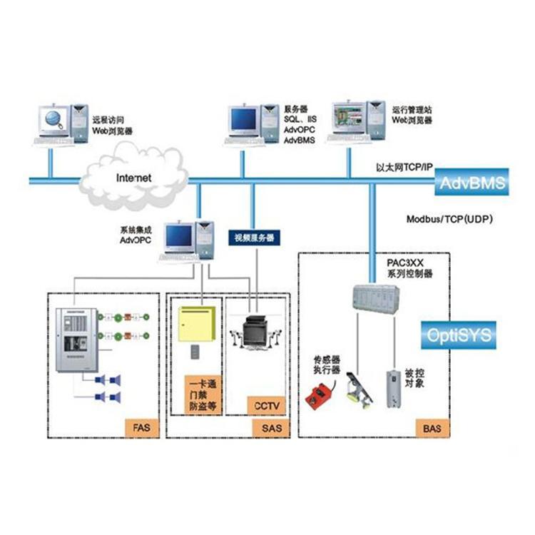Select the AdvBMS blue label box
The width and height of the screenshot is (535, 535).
click(473, 183)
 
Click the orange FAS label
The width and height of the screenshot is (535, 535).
click(139, 427)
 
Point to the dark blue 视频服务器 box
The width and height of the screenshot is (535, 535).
click(254, 238)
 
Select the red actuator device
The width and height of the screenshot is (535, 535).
click(318, 392)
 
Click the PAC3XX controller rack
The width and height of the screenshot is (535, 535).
click(377, 297)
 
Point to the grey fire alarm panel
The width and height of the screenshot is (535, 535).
click(76, 338)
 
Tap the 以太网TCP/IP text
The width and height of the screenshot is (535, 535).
click(404, 167)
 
